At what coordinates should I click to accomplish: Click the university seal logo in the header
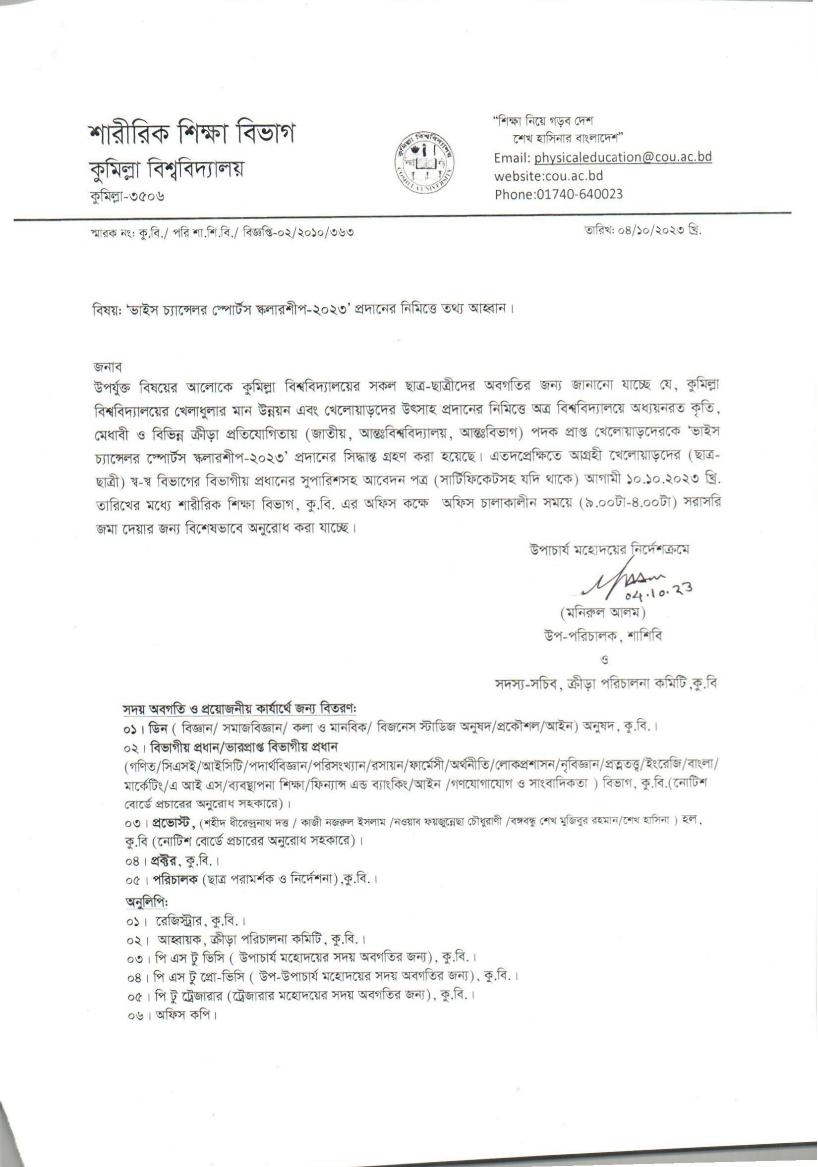tap(425, 162)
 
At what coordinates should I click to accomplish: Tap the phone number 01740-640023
tap(580, 194)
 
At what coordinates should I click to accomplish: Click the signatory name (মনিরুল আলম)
tap(602, 613)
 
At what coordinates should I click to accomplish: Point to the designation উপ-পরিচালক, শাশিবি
tap(603, 636)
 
